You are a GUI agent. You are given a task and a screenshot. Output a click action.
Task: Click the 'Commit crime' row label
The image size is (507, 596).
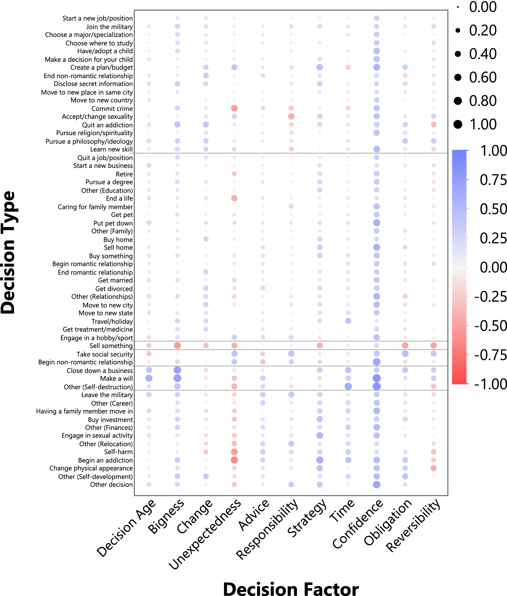click(x=112, y=108)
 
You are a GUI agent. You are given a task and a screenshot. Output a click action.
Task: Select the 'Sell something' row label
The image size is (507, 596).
click(x=111, y=346)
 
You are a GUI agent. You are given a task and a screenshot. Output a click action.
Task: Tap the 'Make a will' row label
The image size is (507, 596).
click(x=117, y=378)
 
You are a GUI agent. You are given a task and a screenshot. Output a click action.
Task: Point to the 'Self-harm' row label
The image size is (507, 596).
click(x=118, y=452)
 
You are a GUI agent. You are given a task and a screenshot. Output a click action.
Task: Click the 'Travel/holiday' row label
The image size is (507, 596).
click(x=112, y=321)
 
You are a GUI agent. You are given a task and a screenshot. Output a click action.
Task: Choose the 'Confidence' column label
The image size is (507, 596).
click(x=358, y=523)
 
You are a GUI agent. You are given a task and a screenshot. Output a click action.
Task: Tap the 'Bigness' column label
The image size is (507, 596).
click(x=166, y=516)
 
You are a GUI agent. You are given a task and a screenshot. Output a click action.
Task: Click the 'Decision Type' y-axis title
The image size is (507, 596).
click(x=8, y=252)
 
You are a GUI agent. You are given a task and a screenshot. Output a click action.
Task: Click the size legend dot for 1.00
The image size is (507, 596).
click(x=458, y=124)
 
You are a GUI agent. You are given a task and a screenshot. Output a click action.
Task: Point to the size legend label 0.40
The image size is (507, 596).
click(x=483, y=54)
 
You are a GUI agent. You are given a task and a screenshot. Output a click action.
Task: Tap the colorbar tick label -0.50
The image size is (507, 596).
click(x=490, y=326)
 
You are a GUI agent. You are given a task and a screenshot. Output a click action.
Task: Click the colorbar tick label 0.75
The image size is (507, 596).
click(x=493, y=180)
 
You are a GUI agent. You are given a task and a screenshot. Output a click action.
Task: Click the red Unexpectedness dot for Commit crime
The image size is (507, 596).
click(x=234, y=108)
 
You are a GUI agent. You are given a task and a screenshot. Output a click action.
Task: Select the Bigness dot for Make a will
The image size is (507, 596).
click(x=177, y=378)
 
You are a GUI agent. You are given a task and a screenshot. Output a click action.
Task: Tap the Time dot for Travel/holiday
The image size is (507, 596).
click(x=348, y=321)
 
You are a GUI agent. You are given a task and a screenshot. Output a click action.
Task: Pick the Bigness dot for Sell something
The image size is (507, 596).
click(x=177, y=345)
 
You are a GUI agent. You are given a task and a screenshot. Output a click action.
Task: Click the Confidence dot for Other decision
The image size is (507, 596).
click(x=377, y=484)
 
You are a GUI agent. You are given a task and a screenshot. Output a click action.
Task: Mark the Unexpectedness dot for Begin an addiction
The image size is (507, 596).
click(x=234, y=460)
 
